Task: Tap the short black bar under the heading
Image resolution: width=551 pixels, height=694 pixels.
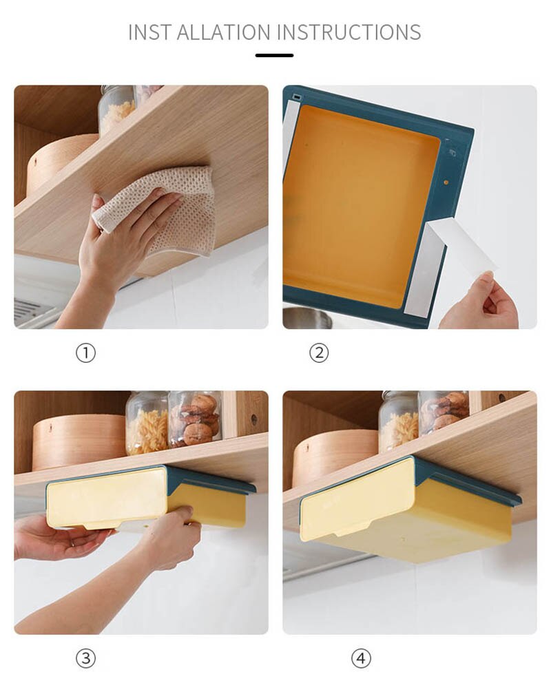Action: point(274,55)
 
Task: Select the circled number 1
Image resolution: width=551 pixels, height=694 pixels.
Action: point(85,353)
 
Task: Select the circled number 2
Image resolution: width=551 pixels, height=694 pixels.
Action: point(318,353)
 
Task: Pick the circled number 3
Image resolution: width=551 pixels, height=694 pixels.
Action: point(85,658)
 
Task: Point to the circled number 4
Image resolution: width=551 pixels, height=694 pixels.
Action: point(361,658)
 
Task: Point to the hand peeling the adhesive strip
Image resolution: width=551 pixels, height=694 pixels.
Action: point(482,303)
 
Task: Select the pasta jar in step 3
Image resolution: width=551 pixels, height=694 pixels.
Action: point(146,423)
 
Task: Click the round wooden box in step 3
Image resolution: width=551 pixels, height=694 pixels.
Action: point(76,441)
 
